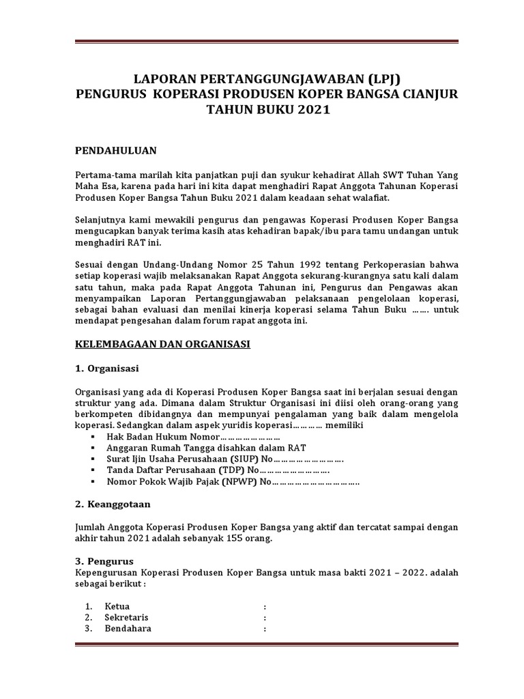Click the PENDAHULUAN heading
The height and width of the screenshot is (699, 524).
[115, 150]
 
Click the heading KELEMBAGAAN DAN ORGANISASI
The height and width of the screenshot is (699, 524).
[162, 345]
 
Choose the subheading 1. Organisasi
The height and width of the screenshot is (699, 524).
[106, 369]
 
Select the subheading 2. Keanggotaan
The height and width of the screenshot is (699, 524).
[113, 504]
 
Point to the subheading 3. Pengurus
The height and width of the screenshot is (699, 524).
[103, 561]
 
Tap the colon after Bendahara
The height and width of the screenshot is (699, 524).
[264, 629]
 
